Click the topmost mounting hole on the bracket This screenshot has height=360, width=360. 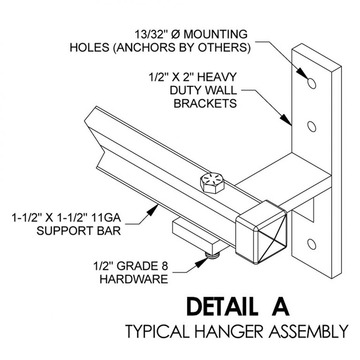click(312, 82)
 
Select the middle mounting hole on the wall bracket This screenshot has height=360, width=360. click(312, 126)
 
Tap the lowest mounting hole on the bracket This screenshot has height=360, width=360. click(311, 244)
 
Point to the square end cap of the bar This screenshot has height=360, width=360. click(261, 231)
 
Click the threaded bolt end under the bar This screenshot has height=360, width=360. click(213, 255)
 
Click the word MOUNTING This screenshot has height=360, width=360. click(216, 34)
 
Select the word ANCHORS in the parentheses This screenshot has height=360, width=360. click(145, 48)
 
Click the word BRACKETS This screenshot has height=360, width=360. click(205, 104)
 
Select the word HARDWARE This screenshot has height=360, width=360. click(134, 279)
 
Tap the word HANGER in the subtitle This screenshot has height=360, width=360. click(214, 331)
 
